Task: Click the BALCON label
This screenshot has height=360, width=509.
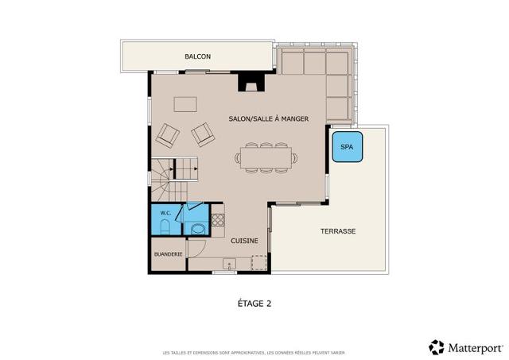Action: pos(197,56)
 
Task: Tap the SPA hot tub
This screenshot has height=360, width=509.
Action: pos(348,147)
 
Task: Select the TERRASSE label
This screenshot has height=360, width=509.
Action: pos(338,231)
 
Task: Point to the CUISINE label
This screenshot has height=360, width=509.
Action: pos(244,239)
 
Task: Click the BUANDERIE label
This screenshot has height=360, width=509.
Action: pos(168,254)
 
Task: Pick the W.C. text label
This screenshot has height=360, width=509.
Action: pos(165,213)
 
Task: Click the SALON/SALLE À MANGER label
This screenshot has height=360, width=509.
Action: pos(268,118)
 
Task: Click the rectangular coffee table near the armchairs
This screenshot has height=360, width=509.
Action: pos(186,104)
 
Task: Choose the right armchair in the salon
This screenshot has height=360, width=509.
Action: pos(203,134)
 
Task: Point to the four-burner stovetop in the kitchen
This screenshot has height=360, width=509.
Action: pos(217,215)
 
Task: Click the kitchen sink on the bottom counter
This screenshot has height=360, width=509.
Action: pos(229,265)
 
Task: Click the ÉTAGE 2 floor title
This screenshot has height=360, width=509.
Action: pos(255,303)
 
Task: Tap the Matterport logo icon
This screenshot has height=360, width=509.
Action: pos(437,346)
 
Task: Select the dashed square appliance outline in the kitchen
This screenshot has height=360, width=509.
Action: pos(258,263)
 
